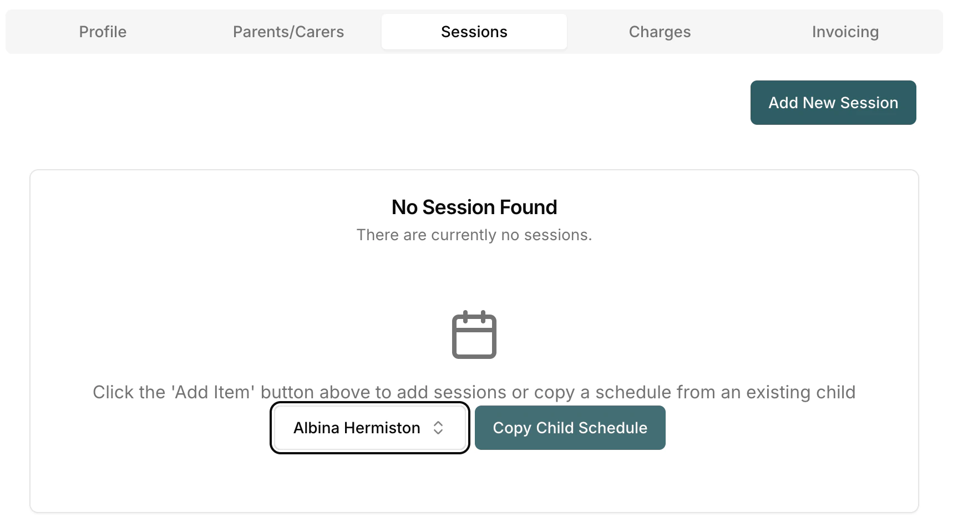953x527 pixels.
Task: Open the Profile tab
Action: [x=103, y=32]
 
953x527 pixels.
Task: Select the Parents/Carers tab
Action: [x=288, y=32]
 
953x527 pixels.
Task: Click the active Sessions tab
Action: [x=474, y=32]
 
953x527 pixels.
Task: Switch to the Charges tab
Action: [x=660, y=32]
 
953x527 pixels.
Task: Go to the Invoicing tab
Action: [x=845, y=32]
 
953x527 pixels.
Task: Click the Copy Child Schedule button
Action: [x=570, y=428]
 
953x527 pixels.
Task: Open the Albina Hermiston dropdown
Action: [x=370, y=428]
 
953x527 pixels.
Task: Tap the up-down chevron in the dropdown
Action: [x=438, y=428]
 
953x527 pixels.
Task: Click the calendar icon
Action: [x=474, y=335]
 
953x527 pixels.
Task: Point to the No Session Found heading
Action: [x=474, y=207]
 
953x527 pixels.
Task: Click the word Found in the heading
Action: [x=528, y=207]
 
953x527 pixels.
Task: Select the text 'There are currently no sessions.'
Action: [x=474, y=235]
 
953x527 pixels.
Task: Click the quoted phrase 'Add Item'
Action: [x=214, y=392]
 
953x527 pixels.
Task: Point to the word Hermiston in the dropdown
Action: [x=382, y=428]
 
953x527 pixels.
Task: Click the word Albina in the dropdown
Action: [x=316, y=428]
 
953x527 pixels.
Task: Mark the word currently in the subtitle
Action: [x=464, y=235]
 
